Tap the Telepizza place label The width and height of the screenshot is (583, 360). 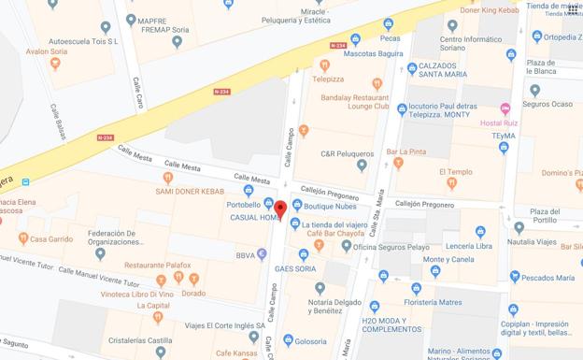329,79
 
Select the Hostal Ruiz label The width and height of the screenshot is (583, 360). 499,122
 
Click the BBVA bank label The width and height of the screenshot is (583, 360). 246,254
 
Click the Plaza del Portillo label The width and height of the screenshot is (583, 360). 544,216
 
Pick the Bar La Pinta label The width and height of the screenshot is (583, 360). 405,151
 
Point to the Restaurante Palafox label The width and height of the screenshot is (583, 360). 157,265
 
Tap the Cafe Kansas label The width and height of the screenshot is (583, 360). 236,353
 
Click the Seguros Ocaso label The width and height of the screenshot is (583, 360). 549,104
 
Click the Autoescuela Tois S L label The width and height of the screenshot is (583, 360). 84,41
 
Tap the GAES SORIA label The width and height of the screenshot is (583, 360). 294,268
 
